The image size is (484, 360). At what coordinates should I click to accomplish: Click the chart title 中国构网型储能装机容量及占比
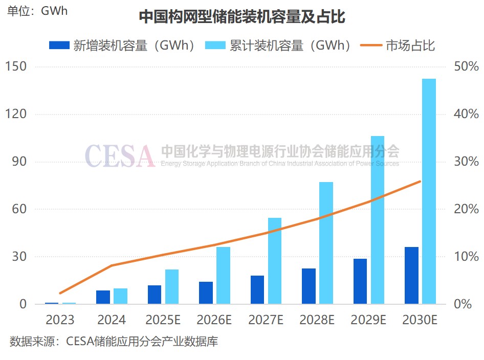(x=242, y=17)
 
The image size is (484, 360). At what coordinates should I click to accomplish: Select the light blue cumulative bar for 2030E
(x=429, y=191)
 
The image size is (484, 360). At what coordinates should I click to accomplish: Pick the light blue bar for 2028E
(x=326, y=243)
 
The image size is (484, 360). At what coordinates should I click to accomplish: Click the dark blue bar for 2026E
(x=206, y=292)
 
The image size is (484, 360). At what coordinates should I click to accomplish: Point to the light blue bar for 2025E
(x=172, y=286)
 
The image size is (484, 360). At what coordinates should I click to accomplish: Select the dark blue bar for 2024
(x=103, y=297)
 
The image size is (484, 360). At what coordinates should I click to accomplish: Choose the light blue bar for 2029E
(x=378, y=220)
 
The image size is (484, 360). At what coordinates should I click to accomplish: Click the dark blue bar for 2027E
(x=257, y=289)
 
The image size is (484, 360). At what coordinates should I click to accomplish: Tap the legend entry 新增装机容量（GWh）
(x=123, y=45)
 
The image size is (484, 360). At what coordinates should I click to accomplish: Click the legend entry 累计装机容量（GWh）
(x=279, y=45)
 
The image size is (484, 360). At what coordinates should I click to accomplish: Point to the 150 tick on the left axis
(x=16, y=66)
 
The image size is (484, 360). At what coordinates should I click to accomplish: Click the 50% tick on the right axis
(x=466, y=66)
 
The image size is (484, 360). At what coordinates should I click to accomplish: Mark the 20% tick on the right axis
(x=466, y=209)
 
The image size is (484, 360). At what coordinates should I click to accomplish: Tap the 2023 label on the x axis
(x=60, y=321)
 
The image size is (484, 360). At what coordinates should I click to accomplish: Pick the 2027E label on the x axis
(x=266, y=321)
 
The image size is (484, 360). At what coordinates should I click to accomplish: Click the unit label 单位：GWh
(x=38, y=11)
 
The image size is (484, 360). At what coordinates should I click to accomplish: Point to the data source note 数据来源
(x=114, y=341)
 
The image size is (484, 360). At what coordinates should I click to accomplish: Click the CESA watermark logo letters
(x=119, y=156)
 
